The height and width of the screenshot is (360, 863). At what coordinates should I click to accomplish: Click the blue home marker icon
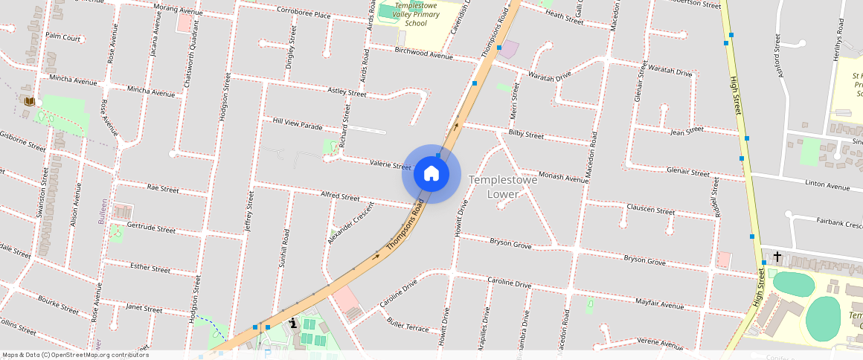coord(431,174)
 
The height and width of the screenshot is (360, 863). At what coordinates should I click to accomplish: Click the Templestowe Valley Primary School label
coord(411,13)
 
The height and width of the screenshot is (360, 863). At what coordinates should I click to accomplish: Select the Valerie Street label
coord(390,164)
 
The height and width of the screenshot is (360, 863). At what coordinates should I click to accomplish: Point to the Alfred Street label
coord(340,196)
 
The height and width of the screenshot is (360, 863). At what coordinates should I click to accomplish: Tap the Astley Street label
coord(347,92)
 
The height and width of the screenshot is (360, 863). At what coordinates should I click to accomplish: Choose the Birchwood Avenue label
coord(424,54)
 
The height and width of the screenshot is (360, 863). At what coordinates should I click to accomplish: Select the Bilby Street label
coord(526,135)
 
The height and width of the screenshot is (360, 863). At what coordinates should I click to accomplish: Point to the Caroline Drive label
coord(509,283)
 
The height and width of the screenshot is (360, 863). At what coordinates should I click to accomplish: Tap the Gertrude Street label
coord(151,227)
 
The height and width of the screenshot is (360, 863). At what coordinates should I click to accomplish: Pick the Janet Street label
coord(144,308)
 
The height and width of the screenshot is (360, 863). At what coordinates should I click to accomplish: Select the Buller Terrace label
coord(408,327)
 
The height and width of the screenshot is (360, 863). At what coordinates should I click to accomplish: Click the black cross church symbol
coord(777,257)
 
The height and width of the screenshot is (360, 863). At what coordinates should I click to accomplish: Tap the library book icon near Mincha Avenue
coord(29,101)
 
